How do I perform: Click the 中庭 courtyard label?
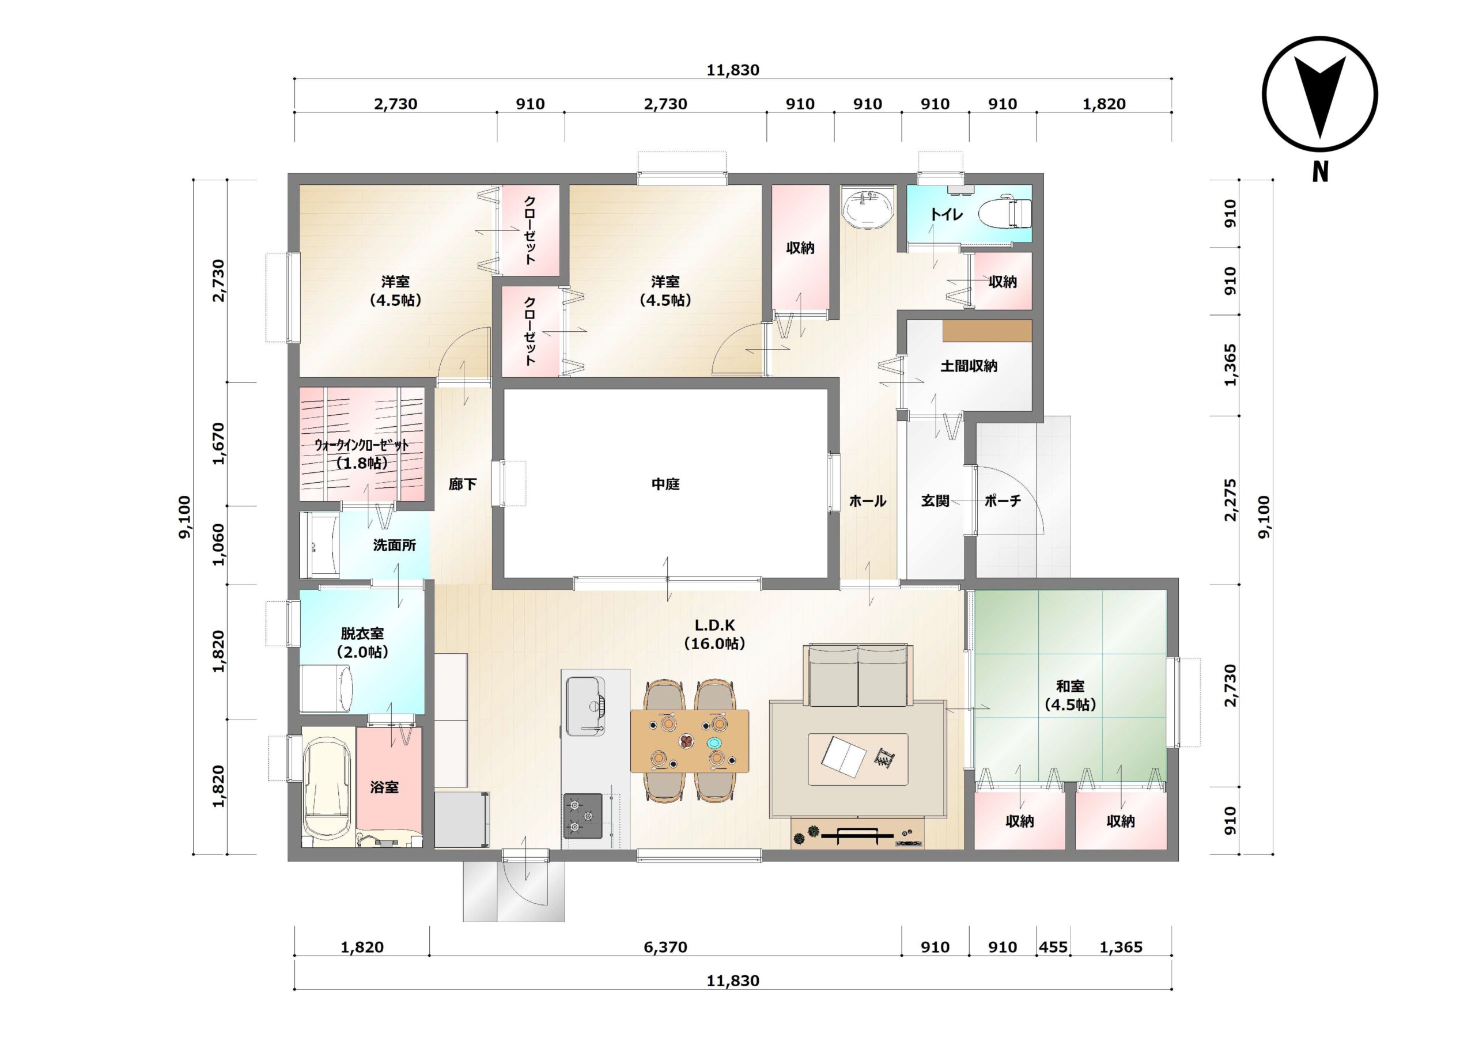[665, 484]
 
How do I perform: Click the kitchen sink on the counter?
[585, 706]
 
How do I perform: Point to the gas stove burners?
[583, 816]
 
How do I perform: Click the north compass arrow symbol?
[1319, 95]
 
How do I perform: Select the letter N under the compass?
[1319, 173]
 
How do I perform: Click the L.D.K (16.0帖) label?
[714, 634]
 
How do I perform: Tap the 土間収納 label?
[969, 366]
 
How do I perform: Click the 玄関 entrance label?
[935, 501]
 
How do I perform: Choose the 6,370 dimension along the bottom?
[665, 947]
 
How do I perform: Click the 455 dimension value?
[1053, 947]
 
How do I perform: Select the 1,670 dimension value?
[219, 444]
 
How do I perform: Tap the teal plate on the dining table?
[714, 742]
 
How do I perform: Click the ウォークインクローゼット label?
[362, 445]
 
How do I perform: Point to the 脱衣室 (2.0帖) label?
[362, 642]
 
